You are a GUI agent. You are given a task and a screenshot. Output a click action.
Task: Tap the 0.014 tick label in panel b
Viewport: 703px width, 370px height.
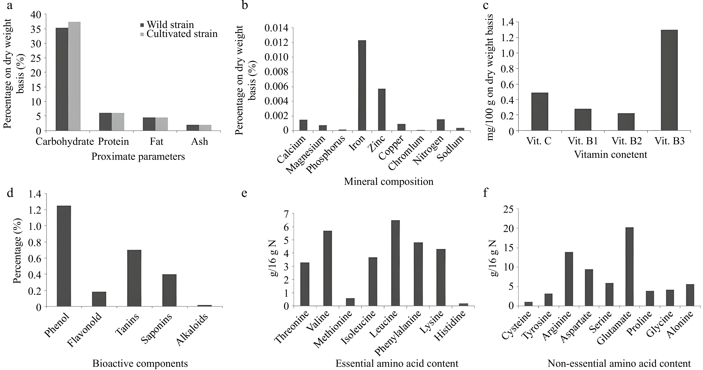(276, 28)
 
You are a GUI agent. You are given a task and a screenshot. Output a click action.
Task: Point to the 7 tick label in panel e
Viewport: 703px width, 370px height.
(286, 214)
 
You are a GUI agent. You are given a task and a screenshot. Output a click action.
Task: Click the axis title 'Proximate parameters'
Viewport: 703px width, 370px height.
(138, 157)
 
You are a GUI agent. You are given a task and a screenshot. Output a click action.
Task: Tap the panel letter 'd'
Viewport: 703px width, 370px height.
(10, 193)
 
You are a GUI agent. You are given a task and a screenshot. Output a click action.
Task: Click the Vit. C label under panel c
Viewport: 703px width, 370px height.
(539, 141)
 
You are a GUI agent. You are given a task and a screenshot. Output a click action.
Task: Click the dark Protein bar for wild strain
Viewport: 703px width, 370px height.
(105, 122)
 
